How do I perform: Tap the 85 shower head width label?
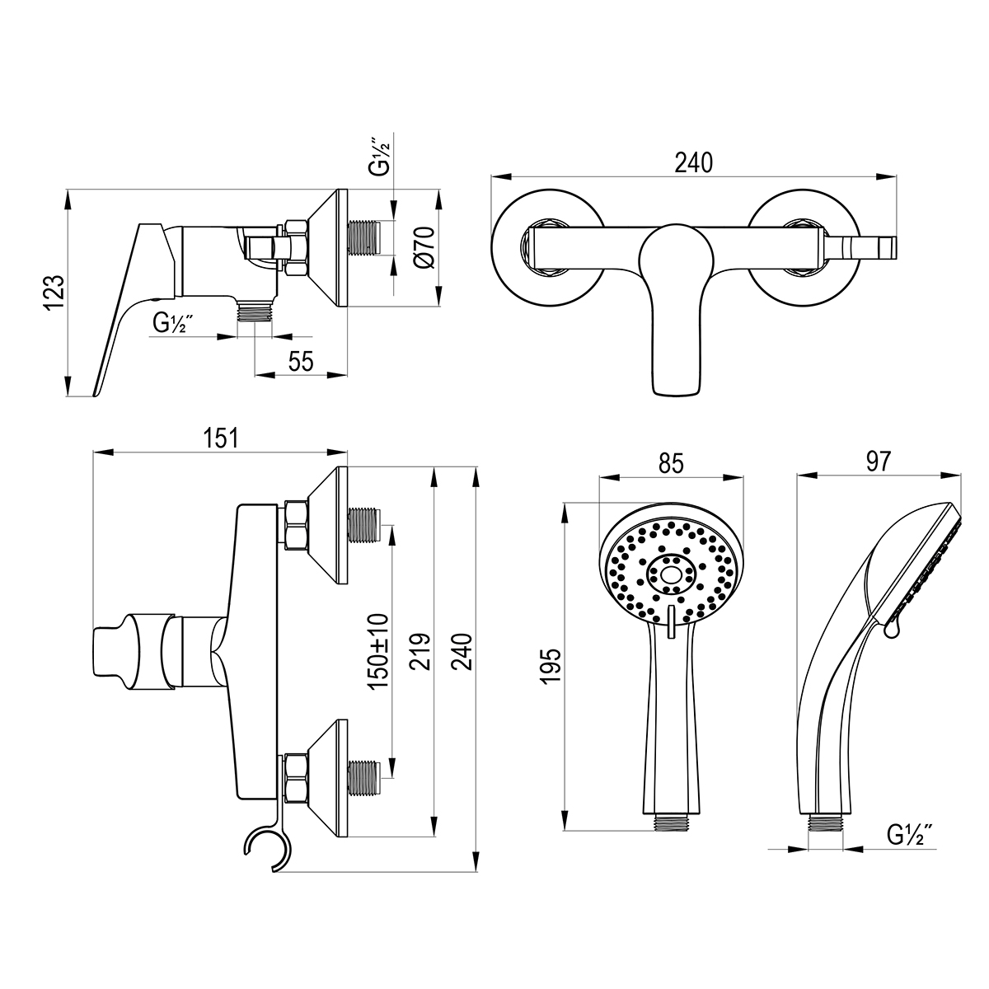click(672, 464)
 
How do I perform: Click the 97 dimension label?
click(879, 462)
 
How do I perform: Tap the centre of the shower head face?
click(670, 570)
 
